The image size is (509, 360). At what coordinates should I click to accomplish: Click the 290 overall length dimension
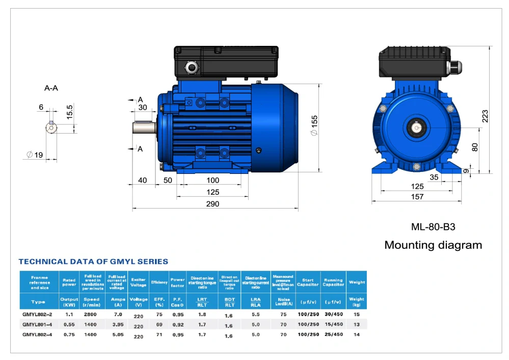[212, 204]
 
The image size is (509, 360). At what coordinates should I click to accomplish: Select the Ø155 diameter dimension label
[314, 125]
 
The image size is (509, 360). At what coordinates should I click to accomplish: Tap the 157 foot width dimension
[417, 197]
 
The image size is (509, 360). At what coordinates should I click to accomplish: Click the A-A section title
[51, 88]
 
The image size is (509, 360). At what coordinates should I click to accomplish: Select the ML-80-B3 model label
[433, 227]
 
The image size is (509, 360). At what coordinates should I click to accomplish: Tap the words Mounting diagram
[433, 245]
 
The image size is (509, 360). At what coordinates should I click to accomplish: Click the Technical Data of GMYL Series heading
[93, 262]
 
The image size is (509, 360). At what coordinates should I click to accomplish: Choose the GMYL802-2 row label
[38, 314]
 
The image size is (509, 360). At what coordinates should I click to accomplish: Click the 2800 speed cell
[92, 314]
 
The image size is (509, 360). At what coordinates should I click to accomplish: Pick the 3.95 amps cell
[118, 324]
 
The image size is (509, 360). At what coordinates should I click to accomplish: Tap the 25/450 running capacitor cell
[333, 335]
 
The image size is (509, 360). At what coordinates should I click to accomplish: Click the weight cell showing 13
[356, 324]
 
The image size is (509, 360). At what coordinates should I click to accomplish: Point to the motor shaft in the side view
[144, 128]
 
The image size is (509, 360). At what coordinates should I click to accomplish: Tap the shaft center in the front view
[417, 127]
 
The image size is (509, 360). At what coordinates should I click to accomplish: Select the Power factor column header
[177, 282]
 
